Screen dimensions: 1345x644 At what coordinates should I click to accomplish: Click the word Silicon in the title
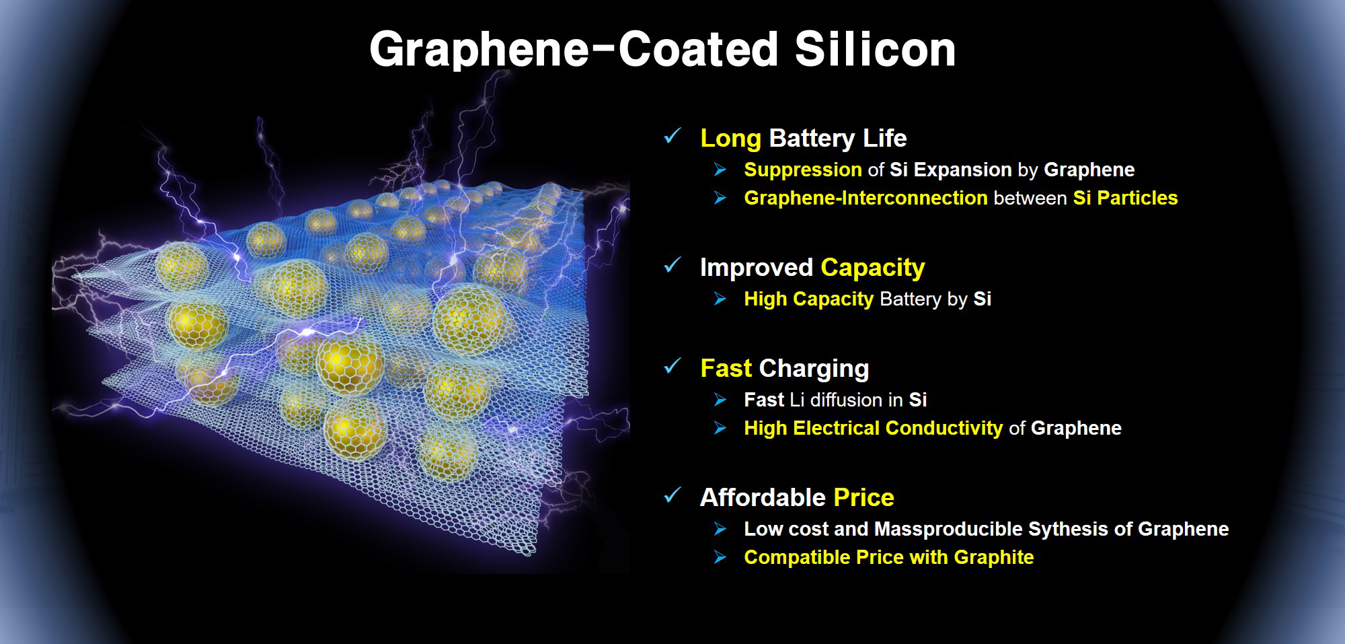[875, 49]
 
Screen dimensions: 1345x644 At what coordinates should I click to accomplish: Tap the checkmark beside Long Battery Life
[672, 136]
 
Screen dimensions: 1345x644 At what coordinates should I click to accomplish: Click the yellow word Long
[730, 139]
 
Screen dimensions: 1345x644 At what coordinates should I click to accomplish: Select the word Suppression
[803, 170]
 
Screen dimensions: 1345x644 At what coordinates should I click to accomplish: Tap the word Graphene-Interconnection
[866, 198]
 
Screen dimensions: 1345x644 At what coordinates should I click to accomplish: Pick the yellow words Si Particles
[1125, 198]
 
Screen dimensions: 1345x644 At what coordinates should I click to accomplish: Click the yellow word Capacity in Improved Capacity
[873, 268]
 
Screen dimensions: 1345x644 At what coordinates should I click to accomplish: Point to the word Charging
[814, 369]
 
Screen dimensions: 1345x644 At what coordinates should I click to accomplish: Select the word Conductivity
[944, 428]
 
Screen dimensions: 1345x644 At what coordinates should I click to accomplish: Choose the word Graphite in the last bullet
[994, 557]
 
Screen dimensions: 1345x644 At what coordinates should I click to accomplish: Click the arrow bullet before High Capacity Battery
[720, 299]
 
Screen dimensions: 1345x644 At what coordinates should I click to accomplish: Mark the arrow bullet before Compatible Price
[720, 557]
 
